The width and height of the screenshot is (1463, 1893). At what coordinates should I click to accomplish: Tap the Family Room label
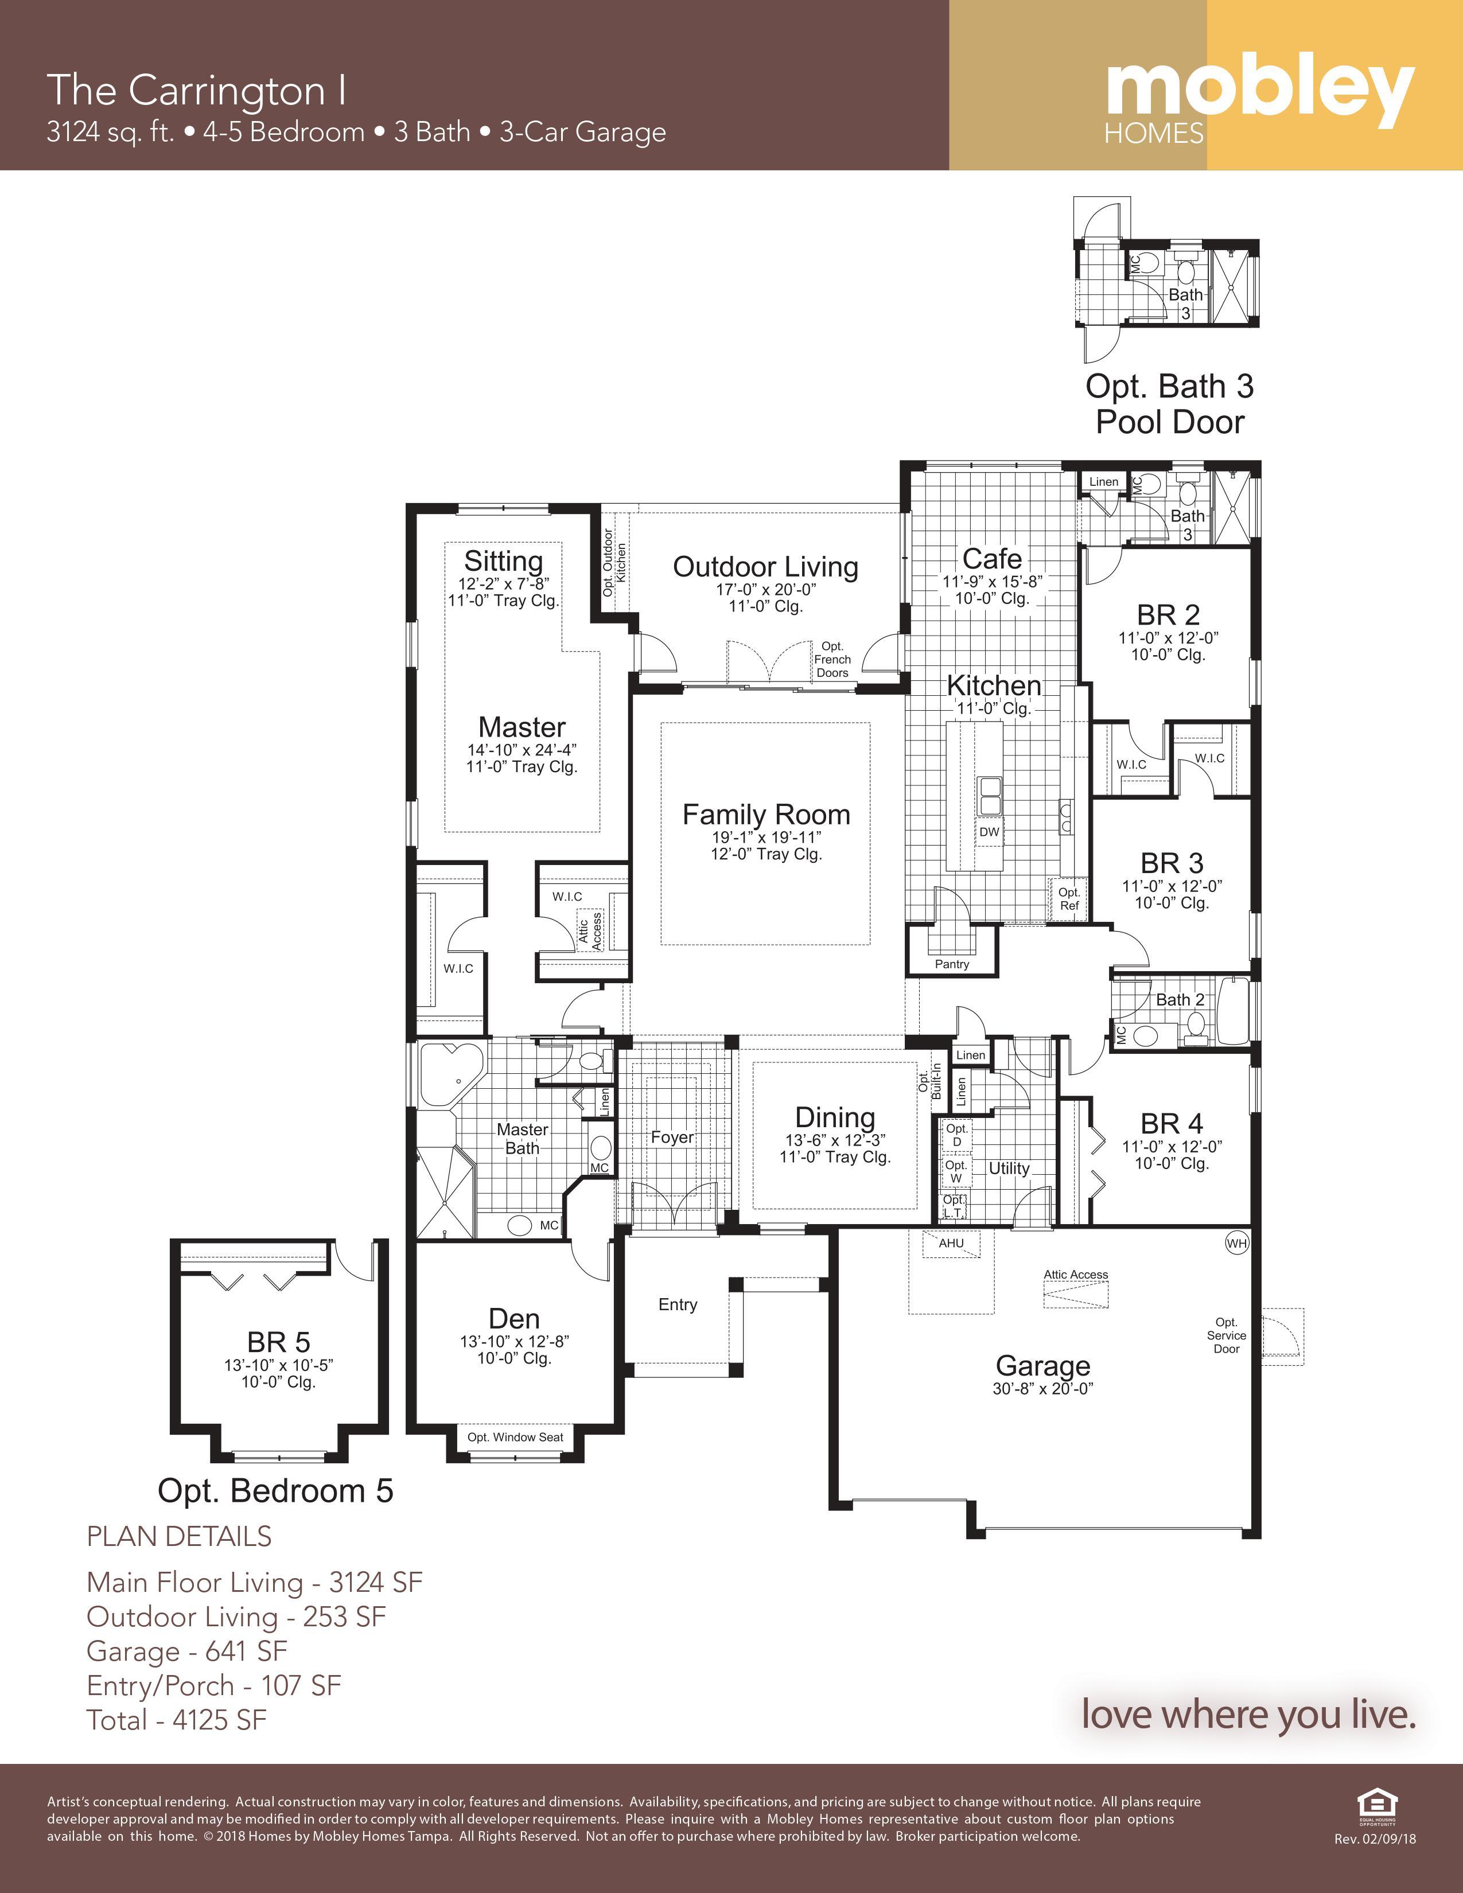click(x=766, y=814)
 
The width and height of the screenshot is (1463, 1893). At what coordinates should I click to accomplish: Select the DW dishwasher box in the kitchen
click(x=989, y=832)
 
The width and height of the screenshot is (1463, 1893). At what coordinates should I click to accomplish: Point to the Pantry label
click(x=952, y=964)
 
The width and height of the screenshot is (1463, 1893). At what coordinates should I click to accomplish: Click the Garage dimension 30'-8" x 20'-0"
click(x=1042, y=1389)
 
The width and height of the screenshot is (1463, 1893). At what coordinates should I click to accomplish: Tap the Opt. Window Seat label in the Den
click(x=515, y=1437)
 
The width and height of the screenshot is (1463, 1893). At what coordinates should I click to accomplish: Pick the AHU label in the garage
click(x=952, y=1243)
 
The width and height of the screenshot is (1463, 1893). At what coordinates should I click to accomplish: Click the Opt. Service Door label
click(x=1227, y=1335)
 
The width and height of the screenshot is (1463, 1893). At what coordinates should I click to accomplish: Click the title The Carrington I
click(x=197, y=90)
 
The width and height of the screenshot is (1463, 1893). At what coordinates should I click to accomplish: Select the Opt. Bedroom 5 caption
click(x=275, y=1491)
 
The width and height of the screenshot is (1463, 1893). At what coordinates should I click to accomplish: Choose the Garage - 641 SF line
click(x=186, y=1651)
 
